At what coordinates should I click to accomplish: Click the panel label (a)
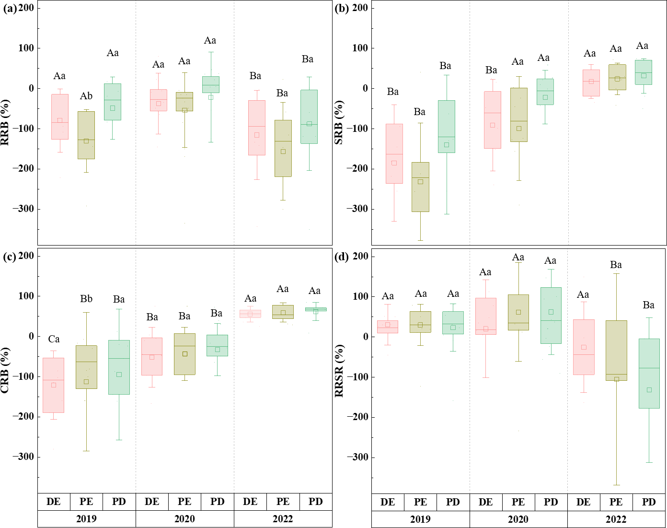10,8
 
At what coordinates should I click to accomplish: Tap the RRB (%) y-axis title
6,123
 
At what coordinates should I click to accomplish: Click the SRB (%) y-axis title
339,123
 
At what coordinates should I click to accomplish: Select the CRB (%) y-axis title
6,371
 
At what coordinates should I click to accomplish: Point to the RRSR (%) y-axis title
339,371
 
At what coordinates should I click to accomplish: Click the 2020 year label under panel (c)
184,519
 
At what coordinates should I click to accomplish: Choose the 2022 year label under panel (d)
616,519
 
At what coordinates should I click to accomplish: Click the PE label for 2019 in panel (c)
86,502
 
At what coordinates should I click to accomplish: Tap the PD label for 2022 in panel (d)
648,502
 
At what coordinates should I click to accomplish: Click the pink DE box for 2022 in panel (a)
257,128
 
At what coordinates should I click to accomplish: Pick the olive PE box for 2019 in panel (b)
420,187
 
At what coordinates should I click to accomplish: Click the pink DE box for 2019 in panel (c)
54,385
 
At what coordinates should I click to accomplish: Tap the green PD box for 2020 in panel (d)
551,315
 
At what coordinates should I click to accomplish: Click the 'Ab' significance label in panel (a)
86,96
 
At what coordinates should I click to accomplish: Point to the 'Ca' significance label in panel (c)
54,340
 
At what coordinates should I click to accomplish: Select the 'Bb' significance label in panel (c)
86,299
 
